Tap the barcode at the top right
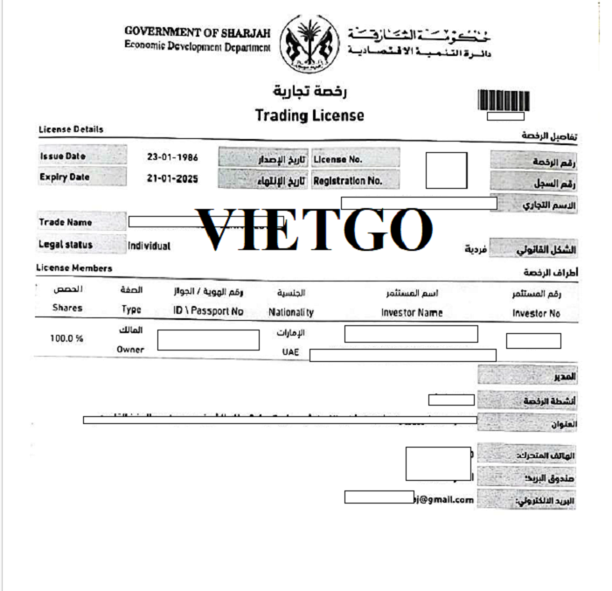click(x=504, y=100)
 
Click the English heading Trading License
click(x=309, y=115)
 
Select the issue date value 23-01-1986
click(x=173, y=157)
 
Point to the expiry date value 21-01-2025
click(x=173, y=178)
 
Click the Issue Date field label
click(x=63, y=156)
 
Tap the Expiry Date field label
click(x=65, y=177)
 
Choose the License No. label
click(x=337, y=159)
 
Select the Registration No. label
click(x=348, y=181)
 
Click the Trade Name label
click(x=66, y=222)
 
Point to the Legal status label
click(x=66, y=245)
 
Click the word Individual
click(x=150, y=247)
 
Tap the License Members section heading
click(x=74, y=267)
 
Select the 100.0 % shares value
click(x=67, y=338)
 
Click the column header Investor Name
click(x=412, y=312)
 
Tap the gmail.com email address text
click(x=445, y=499)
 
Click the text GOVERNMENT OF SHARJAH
click(x=198, y=33)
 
